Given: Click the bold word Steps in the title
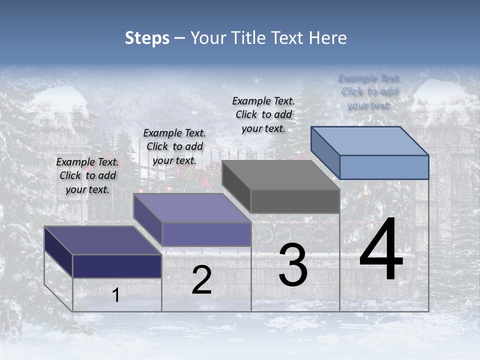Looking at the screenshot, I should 146,38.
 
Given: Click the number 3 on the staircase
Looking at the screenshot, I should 293,265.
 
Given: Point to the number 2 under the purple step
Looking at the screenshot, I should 201,280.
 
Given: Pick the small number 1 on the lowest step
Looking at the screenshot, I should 116,295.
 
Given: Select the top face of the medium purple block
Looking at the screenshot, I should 192,207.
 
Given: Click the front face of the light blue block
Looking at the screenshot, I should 384,167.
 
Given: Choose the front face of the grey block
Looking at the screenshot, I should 295,201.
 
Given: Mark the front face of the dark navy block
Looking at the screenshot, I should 117,266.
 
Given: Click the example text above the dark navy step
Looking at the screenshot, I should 87,175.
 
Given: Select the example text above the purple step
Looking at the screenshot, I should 174,146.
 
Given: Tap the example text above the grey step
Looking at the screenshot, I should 263,114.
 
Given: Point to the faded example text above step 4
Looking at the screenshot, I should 369,91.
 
